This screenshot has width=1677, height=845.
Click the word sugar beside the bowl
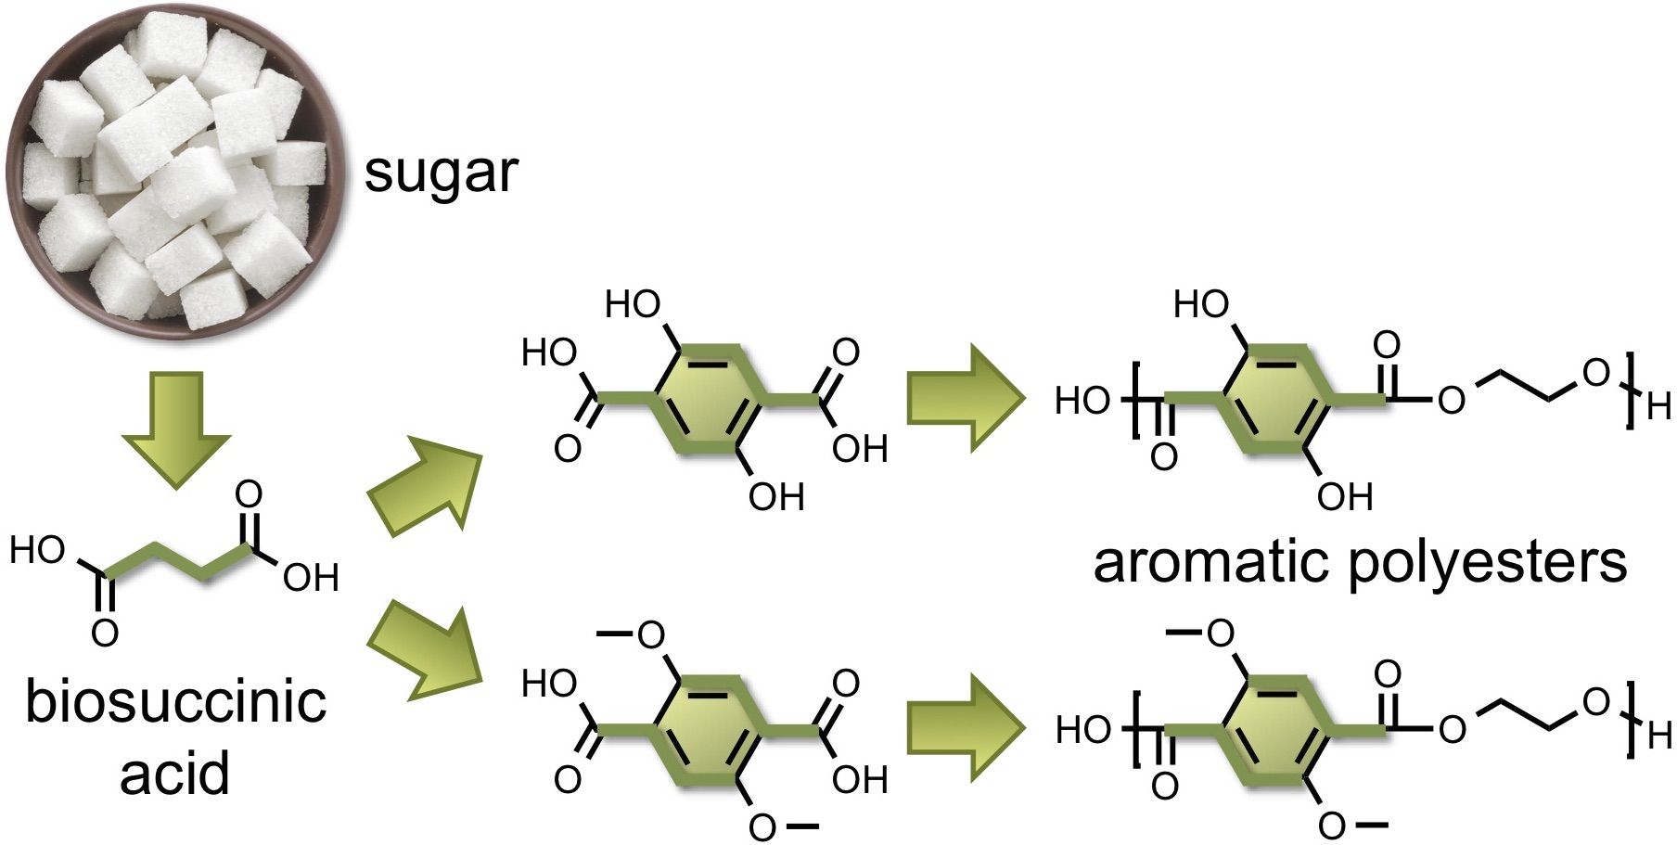(x=441, y=173)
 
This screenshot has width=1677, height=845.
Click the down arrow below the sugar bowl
(x=175, y=429)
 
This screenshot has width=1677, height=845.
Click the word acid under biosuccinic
(x=174, y=773)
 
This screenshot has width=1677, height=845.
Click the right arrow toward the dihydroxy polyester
(x=965, y=399)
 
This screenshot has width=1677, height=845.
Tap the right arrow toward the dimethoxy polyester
(x=965, y=728)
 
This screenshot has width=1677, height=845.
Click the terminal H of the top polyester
(x=1659, y=405)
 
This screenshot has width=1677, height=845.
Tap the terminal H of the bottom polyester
(x=1659, y=736)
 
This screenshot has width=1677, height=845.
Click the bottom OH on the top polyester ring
(x=1345, y=497)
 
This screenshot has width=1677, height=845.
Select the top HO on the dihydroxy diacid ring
(x=634, y=303)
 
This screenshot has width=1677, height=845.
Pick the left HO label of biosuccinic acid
(x=37, y=551)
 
